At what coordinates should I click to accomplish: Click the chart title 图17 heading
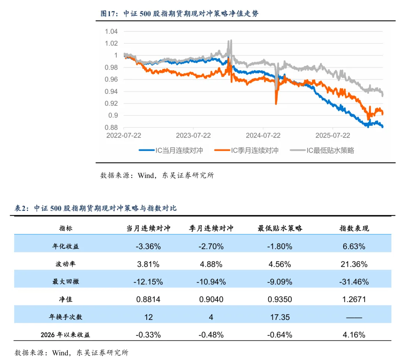pyautogui.click(x=180, y=14)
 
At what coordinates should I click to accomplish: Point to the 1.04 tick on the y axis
pyautogui.click(x=111, y=31)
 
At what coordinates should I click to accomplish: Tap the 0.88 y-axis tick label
pyautogui.click(x=111, y=127)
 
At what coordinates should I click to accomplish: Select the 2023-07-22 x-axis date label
pyautogui.click(x=193, y=135)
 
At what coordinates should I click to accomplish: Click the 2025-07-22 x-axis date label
pyautogui.click(x=332, y=135)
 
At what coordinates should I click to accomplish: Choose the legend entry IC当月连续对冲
pyautogui.click(x=171, y=151)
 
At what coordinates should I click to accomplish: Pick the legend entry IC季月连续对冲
pyautogui.click(x=247, y=151)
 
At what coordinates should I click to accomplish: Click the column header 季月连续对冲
pyautogui.click(x=211, y=228)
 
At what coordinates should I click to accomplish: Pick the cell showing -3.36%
pyautogui.click(x=148, y=246)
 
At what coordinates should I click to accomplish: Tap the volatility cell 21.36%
pyautogui.click(x=354, y=264)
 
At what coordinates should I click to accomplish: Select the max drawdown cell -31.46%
pyautogui.click(x=354, y=282)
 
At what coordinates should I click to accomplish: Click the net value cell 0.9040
pyautogui.click(x=211, y=299)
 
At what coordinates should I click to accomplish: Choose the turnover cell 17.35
pyautogui.click(x=279, y=317)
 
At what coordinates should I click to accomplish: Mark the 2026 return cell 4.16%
pyautogui.click(x=354, y=335)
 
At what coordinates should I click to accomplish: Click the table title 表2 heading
pyautogui.click(x=95, y=209)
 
